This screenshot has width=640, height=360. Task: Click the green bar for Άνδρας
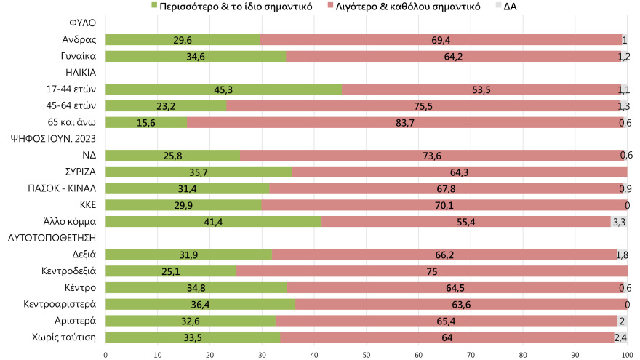pos(183,40)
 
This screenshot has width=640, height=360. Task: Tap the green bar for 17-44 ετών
pos(223,89)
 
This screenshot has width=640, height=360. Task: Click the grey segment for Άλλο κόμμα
pos(619,221)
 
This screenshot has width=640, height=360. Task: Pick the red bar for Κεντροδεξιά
pos(432,271)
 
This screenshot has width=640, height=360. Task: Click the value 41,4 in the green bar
pos(213,221)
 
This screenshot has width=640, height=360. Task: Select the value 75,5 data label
pos(424,106)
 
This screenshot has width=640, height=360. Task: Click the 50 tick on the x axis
pos(367,354)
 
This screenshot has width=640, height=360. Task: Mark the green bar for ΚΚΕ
pos(183,204)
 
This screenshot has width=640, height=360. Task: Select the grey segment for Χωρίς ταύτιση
pos(621,336)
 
